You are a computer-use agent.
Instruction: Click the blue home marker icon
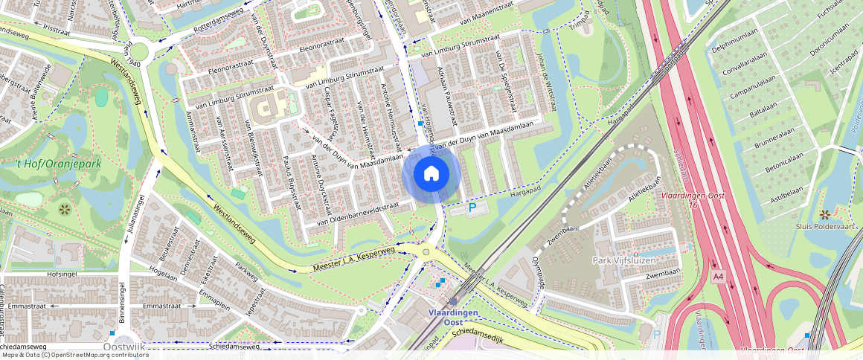(x=431, y=174)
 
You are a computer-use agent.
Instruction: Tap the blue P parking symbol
(x=472, y=209)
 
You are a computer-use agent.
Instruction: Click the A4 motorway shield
(x=717, y=277)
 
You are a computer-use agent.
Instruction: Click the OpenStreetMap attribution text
(x=74, y=355)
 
